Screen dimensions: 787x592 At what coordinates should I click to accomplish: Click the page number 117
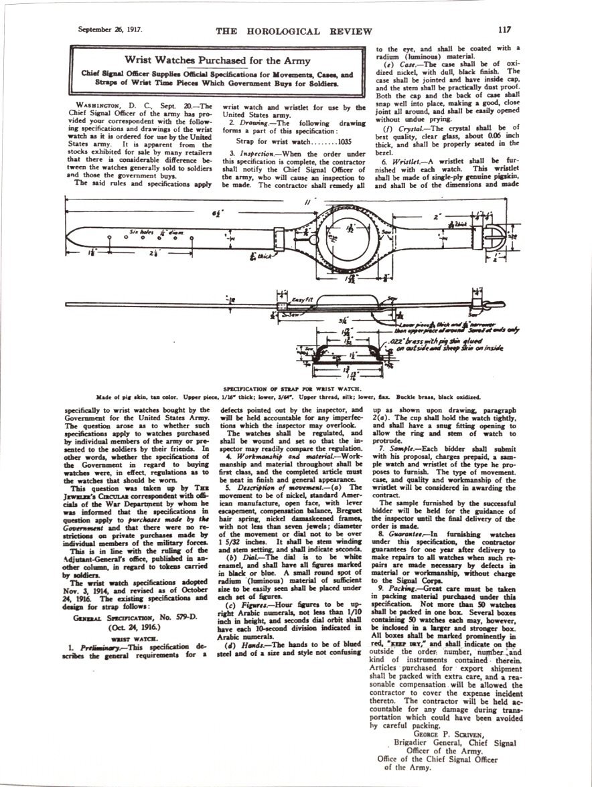point(504,29)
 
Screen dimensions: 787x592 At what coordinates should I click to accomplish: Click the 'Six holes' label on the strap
point(142,232)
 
